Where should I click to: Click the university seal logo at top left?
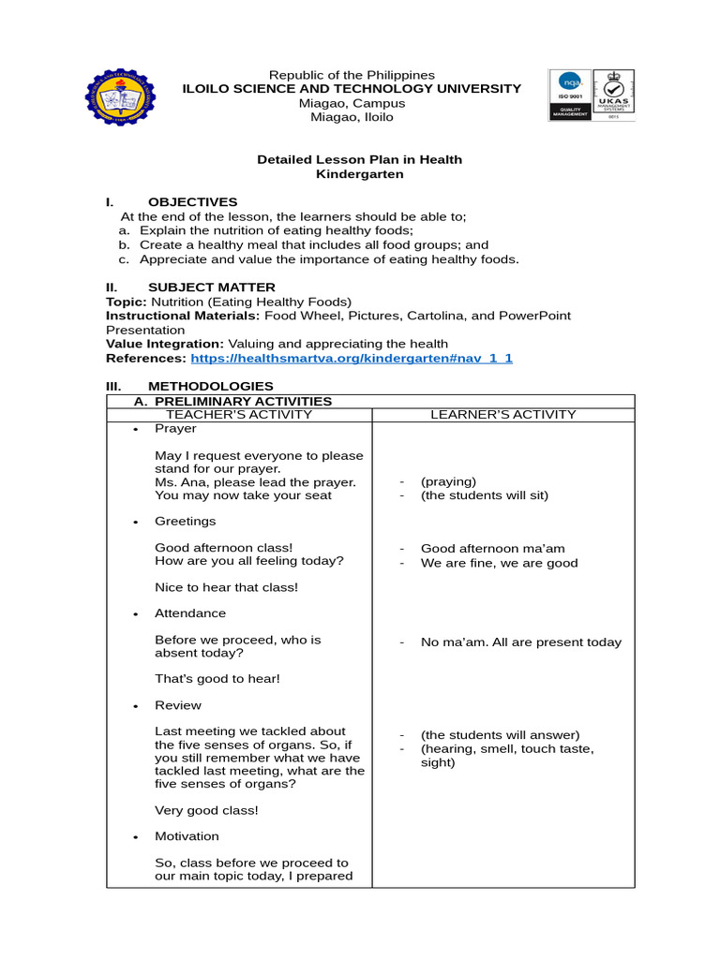point(123,96)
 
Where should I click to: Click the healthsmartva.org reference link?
point(352,358)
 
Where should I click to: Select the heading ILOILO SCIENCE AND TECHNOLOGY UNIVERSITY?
point(352,88)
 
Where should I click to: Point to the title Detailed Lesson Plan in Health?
point(359,159)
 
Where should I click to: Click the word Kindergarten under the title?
point(360,174)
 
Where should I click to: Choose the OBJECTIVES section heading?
point(192,201)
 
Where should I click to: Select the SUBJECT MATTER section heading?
point(211,287)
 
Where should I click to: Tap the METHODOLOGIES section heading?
point(210,386)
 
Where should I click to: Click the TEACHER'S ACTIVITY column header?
point(239,414)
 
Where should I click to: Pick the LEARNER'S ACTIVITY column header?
point(503,414)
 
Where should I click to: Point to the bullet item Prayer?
point(175,428)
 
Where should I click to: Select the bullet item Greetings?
point(185,521)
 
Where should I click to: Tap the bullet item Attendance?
point(189,612)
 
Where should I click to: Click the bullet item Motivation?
point(187,835)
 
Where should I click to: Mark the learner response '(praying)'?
point(448,481)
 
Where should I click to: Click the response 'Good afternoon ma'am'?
point(492,548)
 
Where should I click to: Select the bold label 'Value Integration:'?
point(164,344)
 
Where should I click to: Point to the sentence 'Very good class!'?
point(205,810)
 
